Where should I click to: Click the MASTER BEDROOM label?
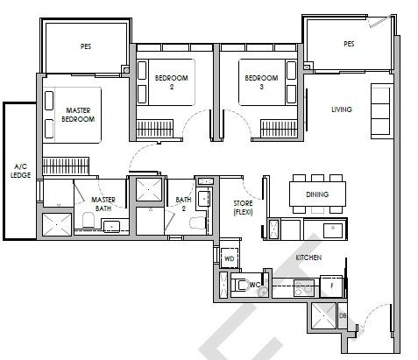[78, 115]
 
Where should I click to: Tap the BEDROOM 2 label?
[172, 82]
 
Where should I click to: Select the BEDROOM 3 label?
[261, 82]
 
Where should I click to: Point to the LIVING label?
[342, 109]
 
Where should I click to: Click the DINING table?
[317, 194]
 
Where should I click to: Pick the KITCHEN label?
[308, 258]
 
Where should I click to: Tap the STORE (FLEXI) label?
[243, 208]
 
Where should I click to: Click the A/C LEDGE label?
[20, 171]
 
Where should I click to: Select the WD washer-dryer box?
[230, 258]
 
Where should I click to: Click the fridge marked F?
[331, 286]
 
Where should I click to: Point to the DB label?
[343, 315]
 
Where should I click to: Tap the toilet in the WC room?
[240, 285]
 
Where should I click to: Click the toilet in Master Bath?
[88, 220]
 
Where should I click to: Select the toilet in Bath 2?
[198, 223]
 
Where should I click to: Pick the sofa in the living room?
[380, 111]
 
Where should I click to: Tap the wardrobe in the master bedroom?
[66, 166]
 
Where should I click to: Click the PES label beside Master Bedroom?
[86, 46]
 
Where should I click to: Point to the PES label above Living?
[349, 44]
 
